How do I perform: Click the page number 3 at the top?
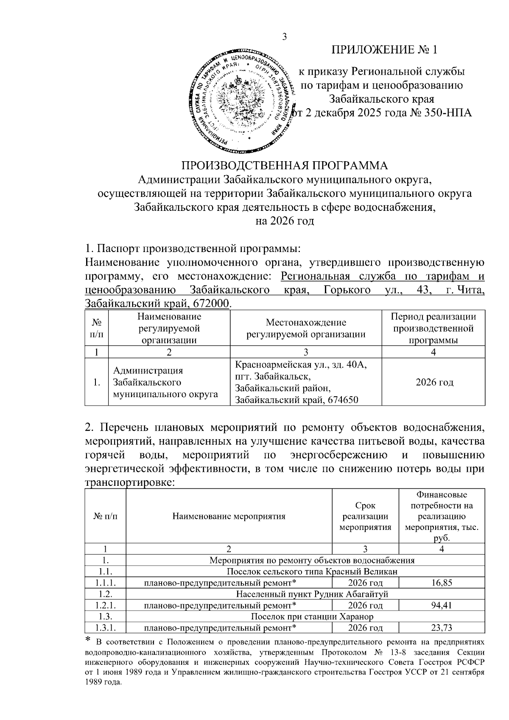[285, 37]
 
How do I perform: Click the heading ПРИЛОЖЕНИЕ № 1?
[384, 50]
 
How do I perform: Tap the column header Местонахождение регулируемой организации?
[306, 328]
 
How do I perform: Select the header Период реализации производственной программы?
[433, 328]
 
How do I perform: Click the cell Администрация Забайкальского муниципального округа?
[165, 382]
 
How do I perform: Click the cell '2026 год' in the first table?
[434, 382]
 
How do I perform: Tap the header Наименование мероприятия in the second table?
[229, 516]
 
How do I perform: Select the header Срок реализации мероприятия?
[365, 516]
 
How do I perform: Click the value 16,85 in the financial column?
[442, 583]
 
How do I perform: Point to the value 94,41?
[442, 605]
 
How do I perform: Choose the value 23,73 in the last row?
[442, 628]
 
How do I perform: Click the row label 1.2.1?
[106, 605]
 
